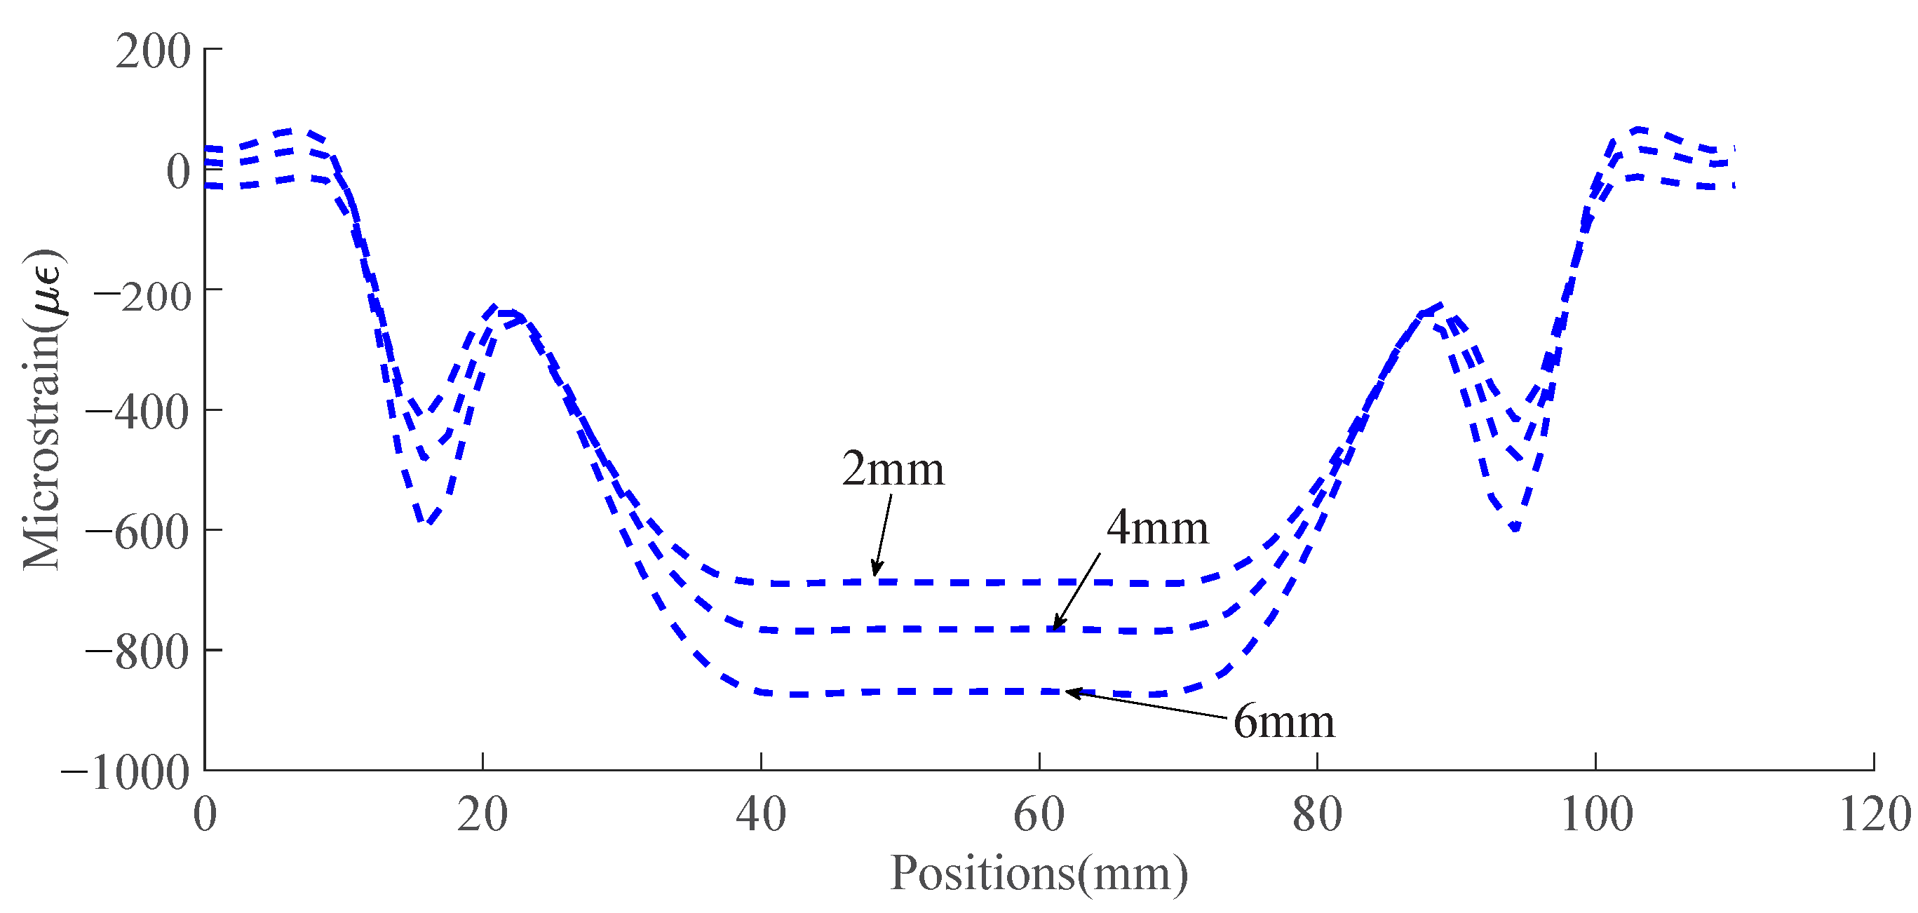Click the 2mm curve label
coord(893,470)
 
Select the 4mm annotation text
coord(1157,529)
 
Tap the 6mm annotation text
coord(1283,722)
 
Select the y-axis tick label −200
coord(142,296)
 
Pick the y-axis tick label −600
coord(137,533)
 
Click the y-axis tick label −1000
coord(126,773)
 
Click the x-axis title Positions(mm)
coord(1039,874)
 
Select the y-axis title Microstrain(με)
coord(43,410)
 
